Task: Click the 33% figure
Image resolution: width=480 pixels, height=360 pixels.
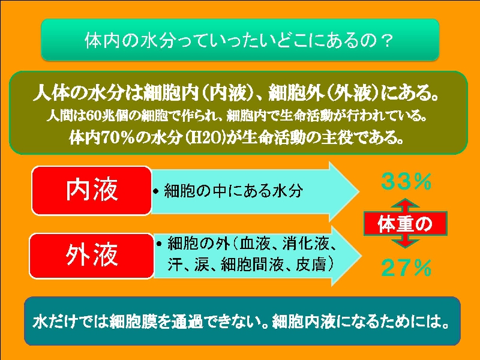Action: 406,181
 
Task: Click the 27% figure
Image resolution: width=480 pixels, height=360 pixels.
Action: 406,268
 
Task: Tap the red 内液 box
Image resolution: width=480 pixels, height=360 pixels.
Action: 92,190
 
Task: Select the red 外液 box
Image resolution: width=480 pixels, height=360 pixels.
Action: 92,256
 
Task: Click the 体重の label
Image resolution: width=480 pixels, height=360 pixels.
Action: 405,224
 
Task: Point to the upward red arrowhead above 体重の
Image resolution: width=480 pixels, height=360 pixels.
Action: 405,205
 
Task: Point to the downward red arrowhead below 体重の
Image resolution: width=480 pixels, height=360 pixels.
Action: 405,242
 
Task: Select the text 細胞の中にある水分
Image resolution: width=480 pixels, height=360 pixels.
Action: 233,191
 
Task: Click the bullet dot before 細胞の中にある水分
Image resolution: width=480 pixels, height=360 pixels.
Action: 156,191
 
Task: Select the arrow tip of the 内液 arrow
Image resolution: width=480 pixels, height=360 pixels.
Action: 359,191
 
